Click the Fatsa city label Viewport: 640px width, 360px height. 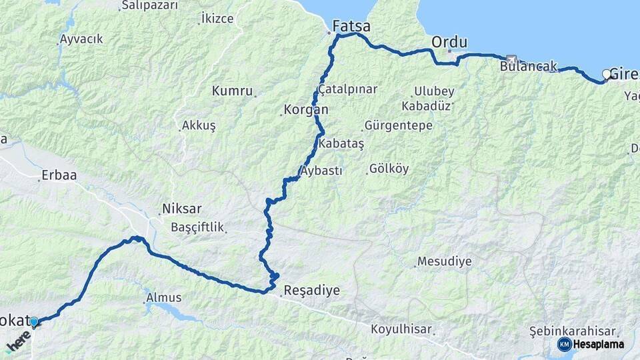352,27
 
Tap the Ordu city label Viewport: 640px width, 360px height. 449,42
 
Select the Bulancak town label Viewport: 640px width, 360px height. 528,67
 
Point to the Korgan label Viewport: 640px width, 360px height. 306,109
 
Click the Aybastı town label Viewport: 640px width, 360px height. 321,171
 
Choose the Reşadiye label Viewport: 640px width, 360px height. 311,291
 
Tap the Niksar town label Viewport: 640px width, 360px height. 181,209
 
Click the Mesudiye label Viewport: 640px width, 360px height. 444,261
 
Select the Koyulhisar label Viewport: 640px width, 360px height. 401,329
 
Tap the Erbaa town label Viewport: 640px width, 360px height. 59,175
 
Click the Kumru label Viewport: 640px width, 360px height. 233,91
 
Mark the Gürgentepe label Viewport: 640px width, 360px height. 399,125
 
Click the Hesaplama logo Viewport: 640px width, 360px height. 591,344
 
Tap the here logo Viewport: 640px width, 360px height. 18,344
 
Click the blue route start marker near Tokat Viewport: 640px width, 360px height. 33,322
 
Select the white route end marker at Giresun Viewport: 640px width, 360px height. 607,75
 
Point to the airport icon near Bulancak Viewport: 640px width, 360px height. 511,59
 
